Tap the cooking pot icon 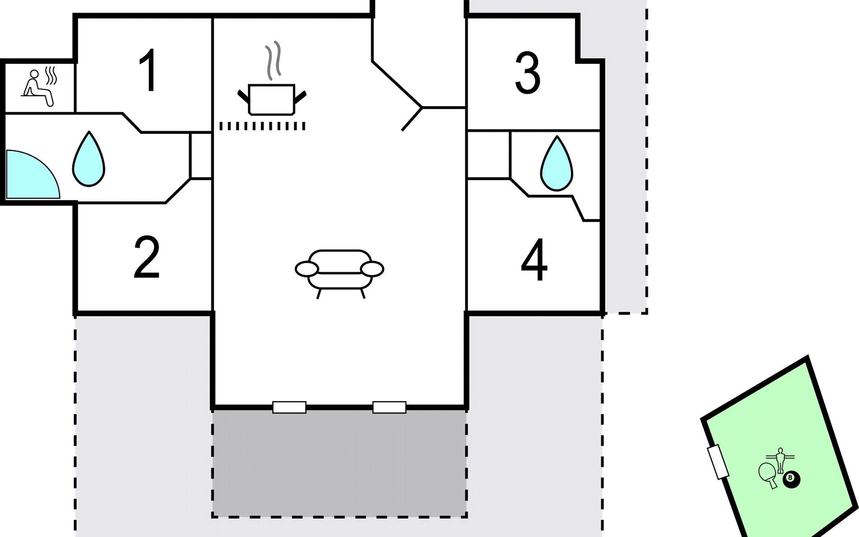pyautogui.click(x=272, y=99)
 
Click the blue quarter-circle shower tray pyautogui.click(x=32, y=174)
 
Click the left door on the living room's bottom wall pyautogui.click(x=289, y=407)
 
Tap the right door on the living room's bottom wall pyautogui.click(x=389, y=407)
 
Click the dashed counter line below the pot pyautogui.click(x=262, y=127)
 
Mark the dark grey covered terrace pyautogui.click(x=340, y=463)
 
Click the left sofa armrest pyautogui.click(x=307, y=269)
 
